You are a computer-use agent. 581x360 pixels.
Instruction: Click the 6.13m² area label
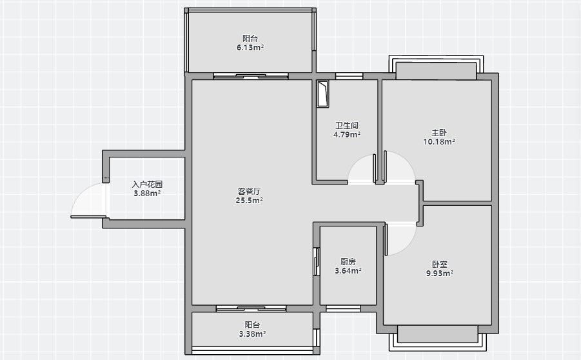250,48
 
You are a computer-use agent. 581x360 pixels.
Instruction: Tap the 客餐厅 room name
250,192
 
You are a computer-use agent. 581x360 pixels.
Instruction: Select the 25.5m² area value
250,201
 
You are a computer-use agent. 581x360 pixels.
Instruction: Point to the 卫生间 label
347,126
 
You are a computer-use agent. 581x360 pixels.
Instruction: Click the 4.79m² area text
347,135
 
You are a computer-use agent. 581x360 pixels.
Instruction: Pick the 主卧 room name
439,132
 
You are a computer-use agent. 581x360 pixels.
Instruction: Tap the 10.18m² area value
439,142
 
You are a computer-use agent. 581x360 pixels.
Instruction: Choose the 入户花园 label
148,185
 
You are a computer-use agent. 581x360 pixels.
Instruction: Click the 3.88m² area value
147,193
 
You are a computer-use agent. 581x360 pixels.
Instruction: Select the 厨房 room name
348,262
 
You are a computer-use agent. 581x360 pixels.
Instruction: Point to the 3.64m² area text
348,271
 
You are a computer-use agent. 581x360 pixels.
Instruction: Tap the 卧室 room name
440,265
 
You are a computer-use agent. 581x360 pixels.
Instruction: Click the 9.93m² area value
440,274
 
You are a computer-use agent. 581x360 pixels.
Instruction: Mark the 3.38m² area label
252,334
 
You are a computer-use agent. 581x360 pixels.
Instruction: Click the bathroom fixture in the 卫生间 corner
322,94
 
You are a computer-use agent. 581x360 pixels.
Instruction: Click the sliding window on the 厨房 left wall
317,261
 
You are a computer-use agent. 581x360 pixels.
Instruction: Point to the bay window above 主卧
436,68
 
